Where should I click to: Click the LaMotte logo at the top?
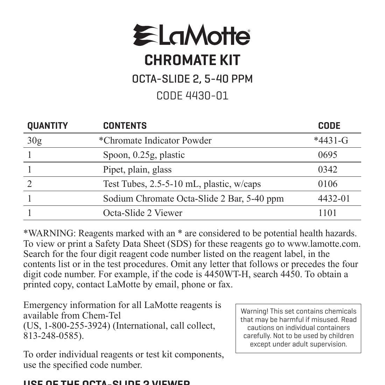(x=191, y=35)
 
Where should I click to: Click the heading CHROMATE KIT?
(x=192, y=60)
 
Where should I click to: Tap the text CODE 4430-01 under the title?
(x=192, y=96)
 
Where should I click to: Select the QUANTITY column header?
(x=48, y=126)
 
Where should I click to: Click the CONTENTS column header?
(x=125, y=126)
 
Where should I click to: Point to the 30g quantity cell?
(x=34, y=141)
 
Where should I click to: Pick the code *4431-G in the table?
(x=331, y=141)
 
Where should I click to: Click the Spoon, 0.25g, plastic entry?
(x=143, y=155)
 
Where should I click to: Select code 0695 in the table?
(x=328, y=155)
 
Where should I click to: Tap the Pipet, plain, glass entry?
(x=137, y=170)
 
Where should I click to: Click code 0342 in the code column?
(x=328, y=170)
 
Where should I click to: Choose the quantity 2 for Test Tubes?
(x=29, y=184)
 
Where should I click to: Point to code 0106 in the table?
(x=328, y=184)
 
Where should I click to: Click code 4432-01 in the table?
(x=334, y=199)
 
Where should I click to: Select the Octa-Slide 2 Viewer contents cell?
(x=142, y=213)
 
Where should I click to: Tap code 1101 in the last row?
(x=327, y=213)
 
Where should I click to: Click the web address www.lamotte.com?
(x=323, y=244)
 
